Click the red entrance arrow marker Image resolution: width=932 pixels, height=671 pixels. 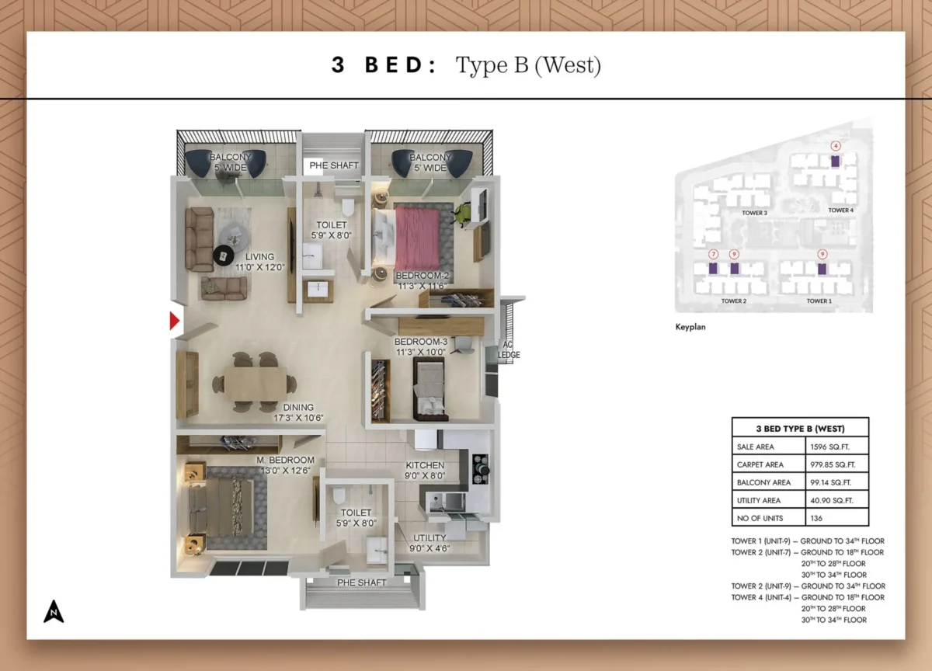(176, 321)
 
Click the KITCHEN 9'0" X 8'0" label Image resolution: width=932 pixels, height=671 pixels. (425, 471)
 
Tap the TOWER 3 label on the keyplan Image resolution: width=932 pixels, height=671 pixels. (754, 212)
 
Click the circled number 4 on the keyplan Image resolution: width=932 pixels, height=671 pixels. (836, 145)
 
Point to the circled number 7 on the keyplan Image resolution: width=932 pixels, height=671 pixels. (713, 254)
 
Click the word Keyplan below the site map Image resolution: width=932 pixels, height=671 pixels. (690, 327)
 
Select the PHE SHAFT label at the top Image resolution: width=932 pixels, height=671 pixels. (333, 165)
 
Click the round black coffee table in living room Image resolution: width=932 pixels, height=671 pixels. (224, 255)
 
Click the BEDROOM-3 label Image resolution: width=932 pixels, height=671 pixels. (420, 346)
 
